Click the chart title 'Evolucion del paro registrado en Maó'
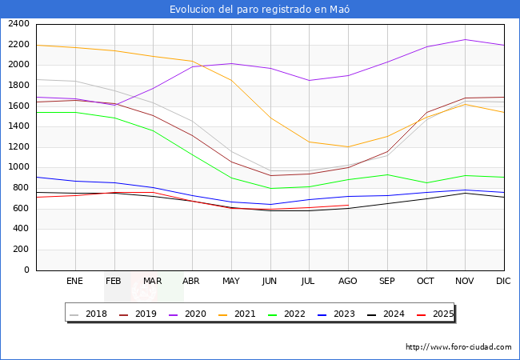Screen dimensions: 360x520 [260, 10]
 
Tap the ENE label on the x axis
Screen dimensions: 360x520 [74, 281]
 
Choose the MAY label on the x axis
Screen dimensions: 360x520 [231, 281]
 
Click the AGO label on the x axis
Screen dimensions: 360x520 [348, 281]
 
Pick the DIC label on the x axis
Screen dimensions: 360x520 [504, 281]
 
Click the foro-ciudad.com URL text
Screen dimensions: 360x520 [458, 347]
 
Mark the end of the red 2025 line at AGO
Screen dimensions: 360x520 [348, 206]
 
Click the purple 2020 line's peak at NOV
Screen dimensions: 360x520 [466, 39]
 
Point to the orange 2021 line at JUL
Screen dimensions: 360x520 [309, 142]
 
